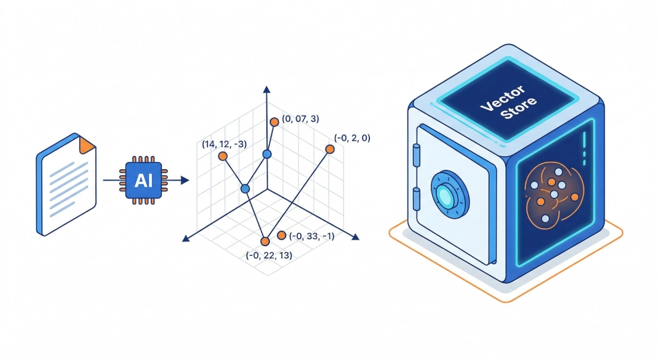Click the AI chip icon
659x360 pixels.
144,179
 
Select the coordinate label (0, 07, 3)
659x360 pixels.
301,119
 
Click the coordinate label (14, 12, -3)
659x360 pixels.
224,144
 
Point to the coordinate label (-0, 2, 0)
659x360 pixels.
352,138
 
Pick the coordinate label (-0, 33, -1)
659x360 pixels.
312,236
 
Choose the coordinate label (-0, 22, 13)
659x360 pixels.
269,255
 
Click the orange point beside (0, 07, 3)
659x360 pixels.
275,122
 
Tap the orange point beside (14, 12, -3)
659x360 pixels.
223,156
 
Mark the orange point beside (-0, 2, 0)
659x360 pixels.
329,148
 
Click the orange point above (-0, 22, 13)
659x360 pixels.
265,241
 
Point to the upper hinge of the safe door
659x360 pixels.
416,156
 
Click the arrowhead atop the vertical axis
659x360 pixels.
266,90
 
